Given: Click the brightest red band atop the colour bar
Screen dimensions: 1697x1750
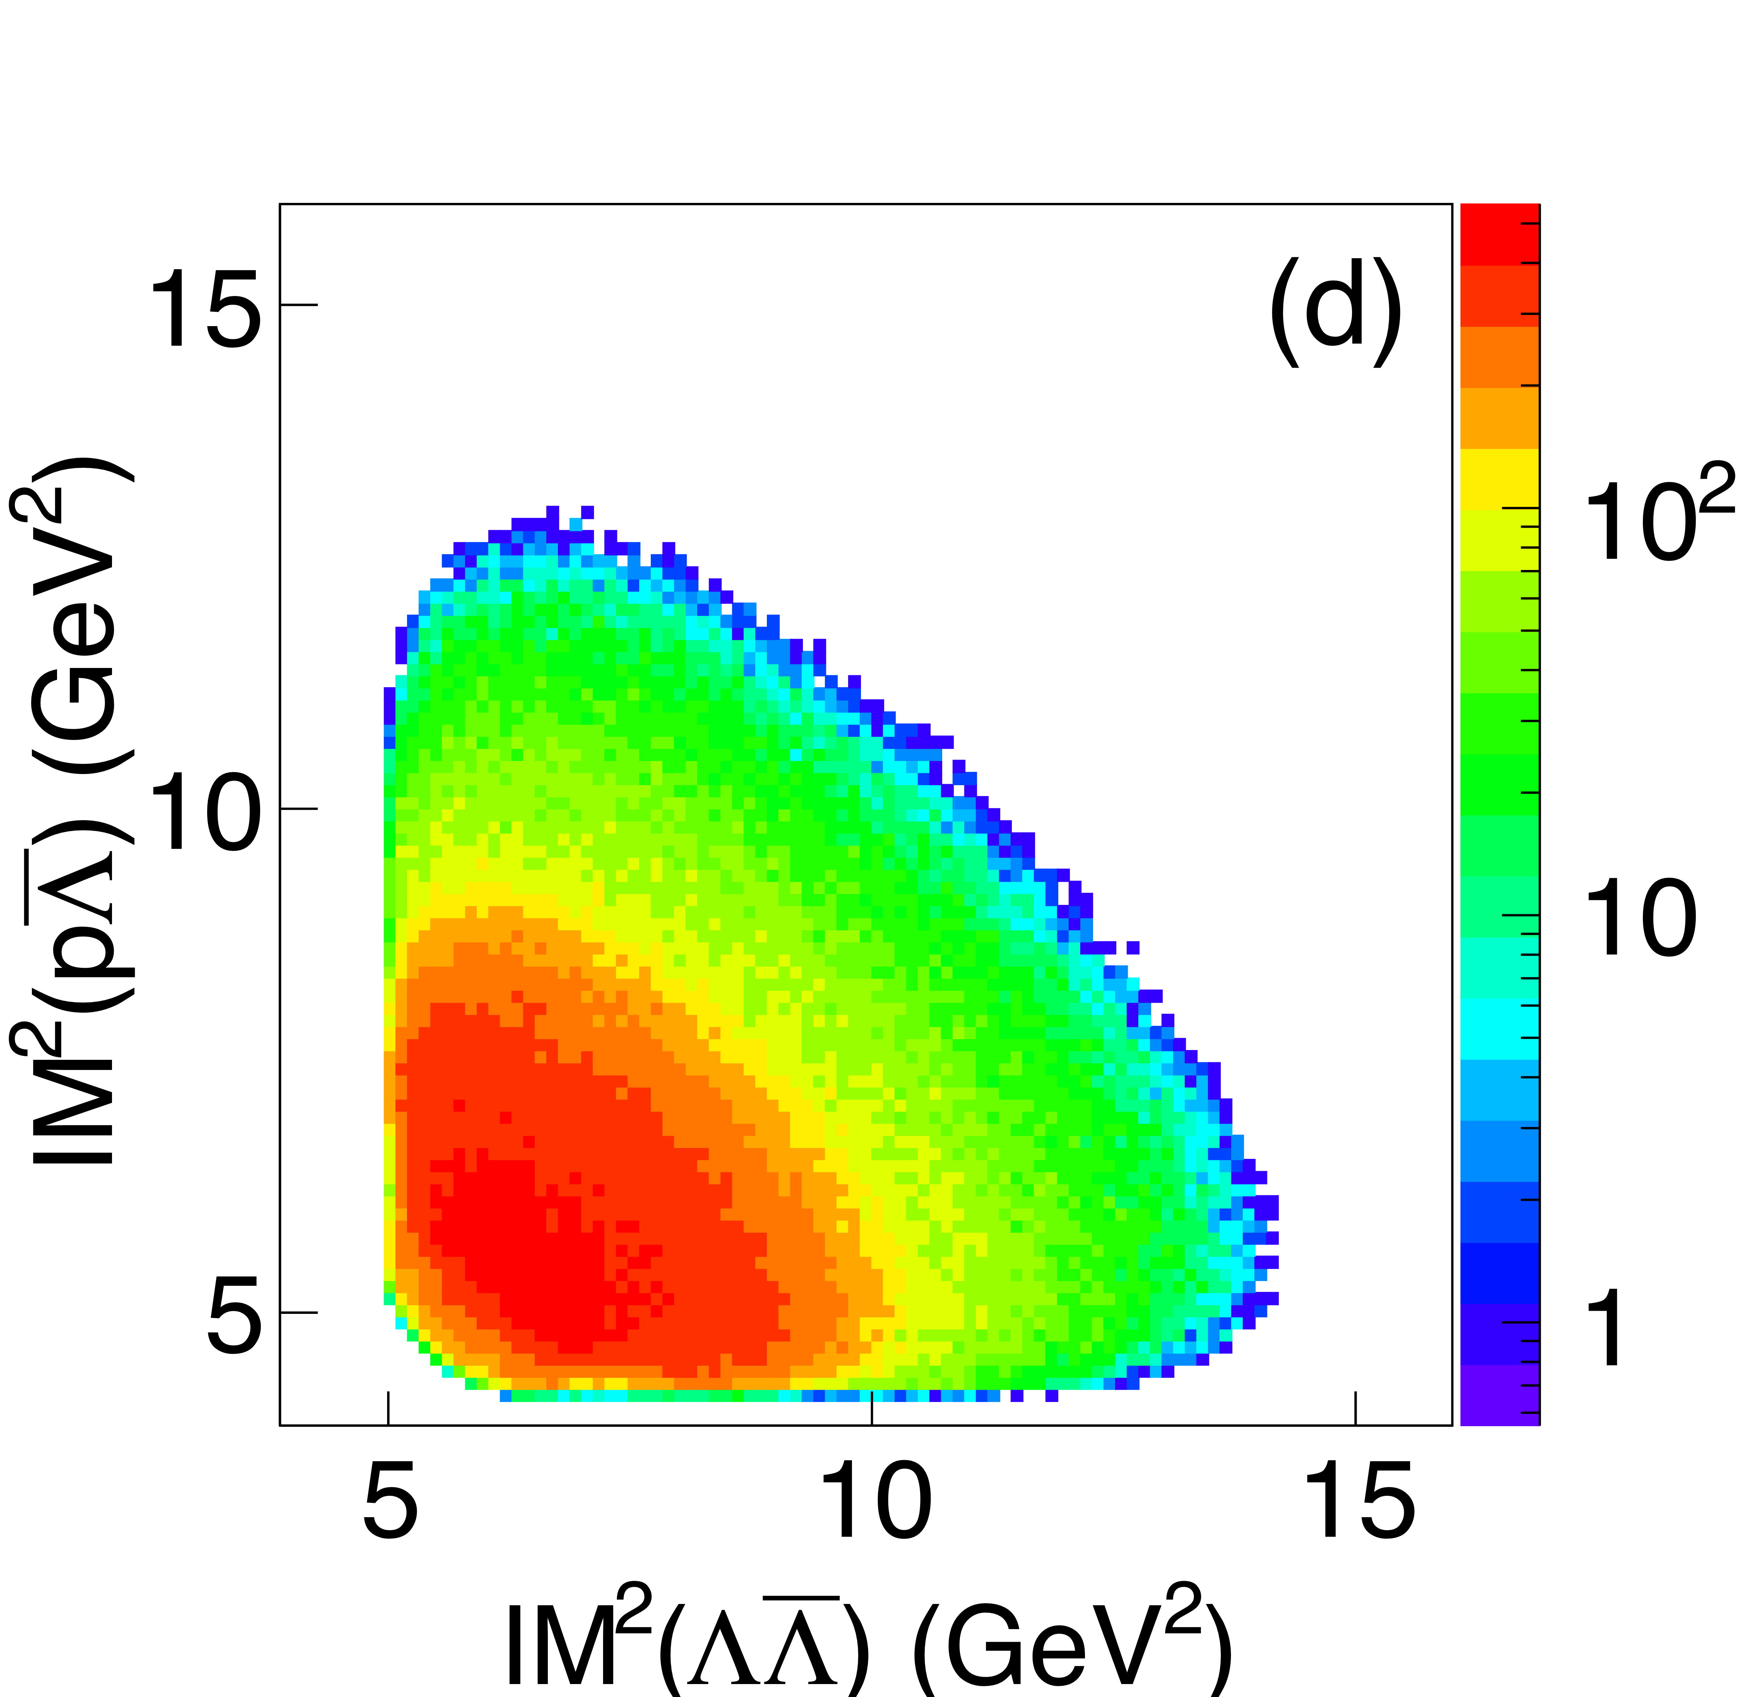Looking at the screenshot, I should pyautogui.click(x=1500, y=234).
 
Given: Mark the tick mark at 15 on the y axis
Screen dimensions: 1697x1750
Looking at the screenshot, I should pyautogui.click(x=299, y=305).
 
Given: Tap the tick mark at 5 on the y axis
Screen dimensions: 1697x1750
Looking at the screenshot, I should pyautogui.click(x=299, y=1312).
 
